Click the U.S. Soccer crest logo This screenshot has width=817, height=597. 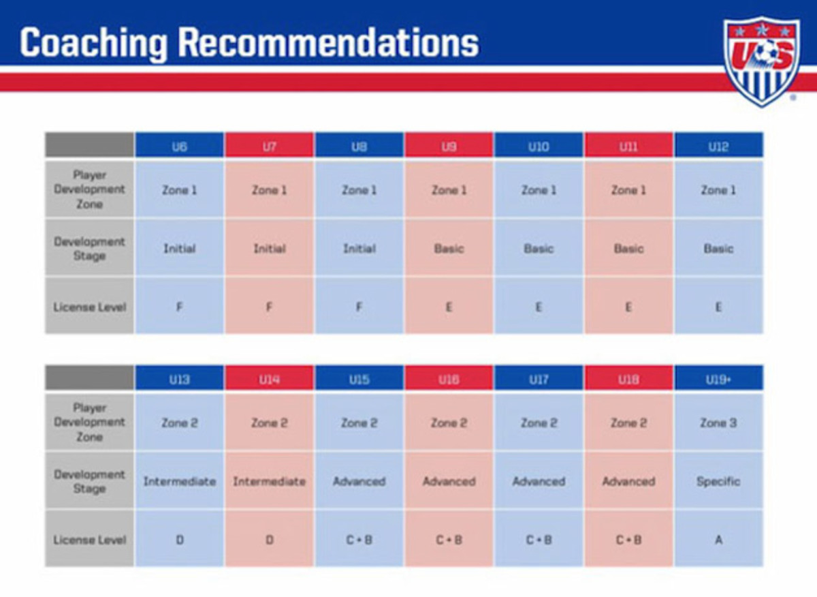coord(762,62)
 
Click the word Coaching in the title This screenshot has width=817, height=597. coord(93,44)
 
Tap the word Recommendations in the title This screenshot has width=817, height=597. coord(328,42)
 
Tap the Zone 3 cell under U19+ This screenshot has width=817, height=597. coord(718,422)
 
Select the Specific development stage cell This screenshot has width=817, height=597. coord(718,480)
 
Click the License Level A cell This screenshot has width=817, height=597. coord(718,539)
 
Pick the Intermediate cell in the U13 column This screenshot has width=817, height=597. coord(180,480)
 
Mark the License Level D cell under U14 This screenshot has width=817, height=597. coord(269,539)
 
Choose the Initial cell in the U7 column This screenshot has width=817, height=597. coord(269,248)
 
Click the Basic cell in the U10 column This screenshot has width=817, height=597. coord(539,248)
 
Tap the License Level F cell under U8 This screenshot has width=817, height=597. coord(359,307)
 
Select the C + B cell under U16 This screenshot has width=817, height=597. coord(449,539)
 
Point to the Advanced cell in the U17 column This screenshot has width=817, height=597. coord(539,480)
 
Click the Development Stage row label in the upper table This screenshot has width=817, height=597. coord(89,248)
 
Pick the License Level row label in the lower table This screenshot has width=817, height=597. coord(89,539)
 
